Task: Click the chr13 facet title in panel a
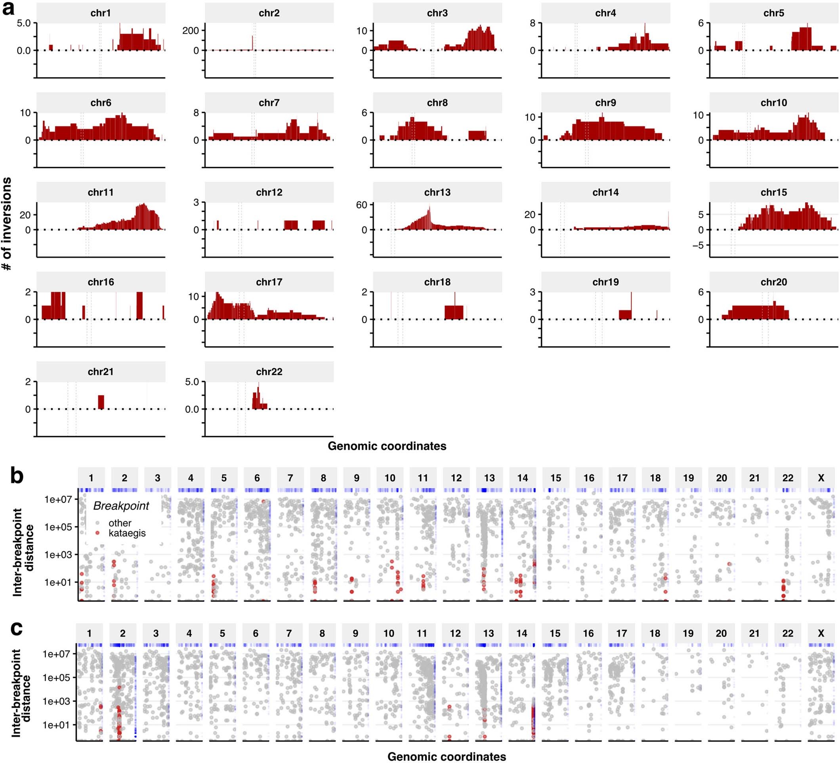click(437, 192)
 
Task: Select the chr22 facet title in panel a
click(269, 371)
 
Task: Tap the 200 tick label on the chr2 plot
click(191, 30)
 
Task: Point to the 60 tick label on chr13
click(361, 205)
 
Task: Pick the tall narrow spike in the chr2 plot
click(252, 43)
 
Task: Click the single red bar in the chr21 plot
click(101, 402)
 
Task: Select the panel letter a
click(9, 8)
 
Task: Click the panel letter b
click(17, 476)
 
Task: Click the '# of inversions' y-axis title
click(7, 224)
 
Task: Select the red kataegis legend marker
click(97, 533)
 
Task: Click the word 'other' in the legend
click(120, 523)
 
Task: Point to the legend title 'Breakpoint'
click(121, 506)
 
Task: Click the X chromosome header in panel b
click(821, 478)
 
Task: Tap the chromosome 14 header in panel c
click(522, 634)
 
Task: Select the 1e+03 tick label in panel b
click(58, 554)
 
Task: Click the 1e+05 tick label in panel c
click(56, 677)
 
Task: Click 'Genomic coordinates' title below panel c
click(447, 756)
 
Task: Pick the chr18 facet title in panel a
click(437, 282)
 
